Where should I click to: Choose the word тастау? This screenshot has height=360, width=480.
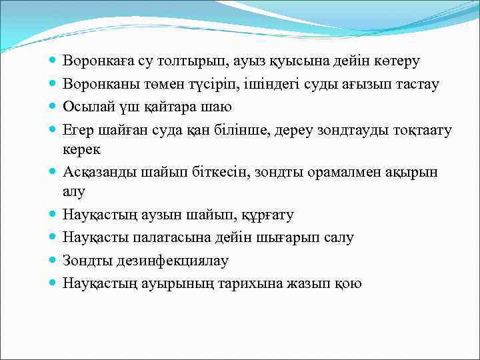[x=414, y=84]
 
